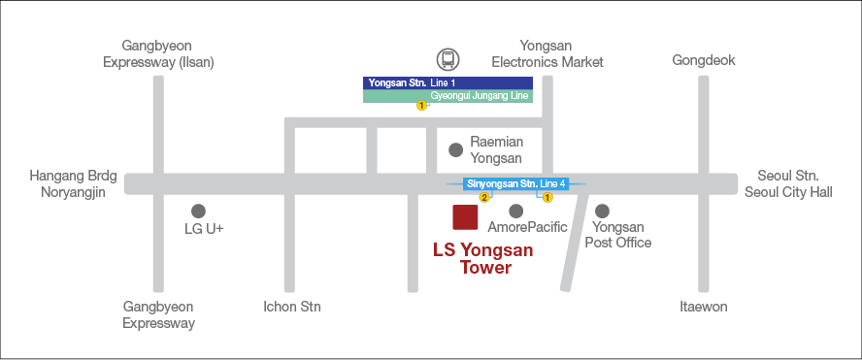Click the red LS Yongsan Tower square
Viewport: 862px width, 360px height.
click(466, 218)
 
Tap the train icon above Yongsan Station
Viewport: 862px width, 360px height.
click(448, 59)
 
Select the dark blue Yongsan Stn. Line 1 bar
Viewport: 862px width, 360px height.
click(448, 82)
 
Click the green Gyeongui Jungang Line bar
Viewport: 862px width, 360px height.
click(448, 96)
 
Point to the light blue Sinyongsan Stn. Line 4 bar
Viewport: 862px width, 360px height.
click(515, 183)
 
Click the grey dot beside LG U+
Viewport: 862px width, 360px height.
click(198, 211)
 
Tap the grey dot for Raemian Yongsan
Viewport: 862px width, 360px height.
click(455, 149)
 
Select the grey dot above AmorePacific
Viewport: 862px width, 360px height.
click(516, 211)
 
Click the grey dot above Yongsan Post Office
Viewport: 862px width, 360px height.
click(602, 211)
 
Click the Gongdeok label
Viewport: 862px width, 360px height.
click(704, 60)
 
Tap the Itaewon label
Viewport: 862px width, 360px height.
click(704, 307)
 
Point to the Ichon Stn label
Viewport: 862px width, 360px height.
click(291, 307)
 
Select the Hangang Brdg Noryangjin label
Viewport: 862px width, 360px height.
click(73, 183)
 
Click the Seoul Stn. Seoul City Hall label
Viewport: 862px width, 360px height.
click(788, 183)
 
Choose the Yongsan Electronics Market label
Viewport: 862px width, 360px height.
click(547, 53)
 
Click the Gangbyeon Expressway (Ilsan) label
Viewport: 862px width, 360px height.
click(158, 53)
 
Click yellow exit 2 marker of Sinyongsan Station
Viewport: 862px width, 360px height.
click(484, 197)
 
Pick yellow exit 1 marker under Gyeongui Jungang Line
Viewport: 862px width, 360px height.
click(421, 106)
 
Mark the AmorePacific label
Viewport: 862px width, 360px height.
click(527, 227)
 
